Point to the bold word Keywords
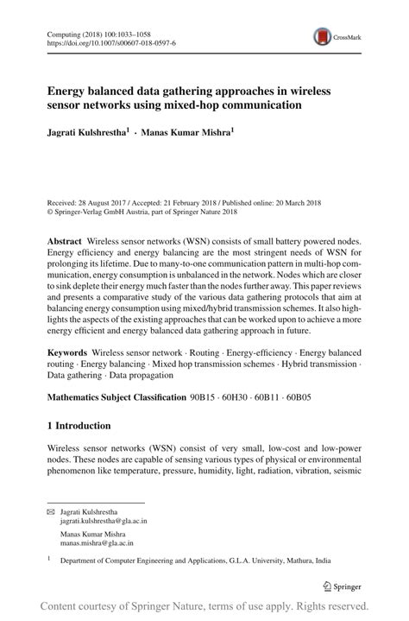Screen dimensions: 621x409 (x=66, y=353)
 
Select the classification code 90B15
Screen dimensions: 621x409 (x=204, y=397)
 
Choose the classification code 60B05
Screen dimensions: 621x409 (x=299, y=397)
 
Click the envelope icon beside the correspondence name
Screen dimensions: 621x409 (x=50, y=512)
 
